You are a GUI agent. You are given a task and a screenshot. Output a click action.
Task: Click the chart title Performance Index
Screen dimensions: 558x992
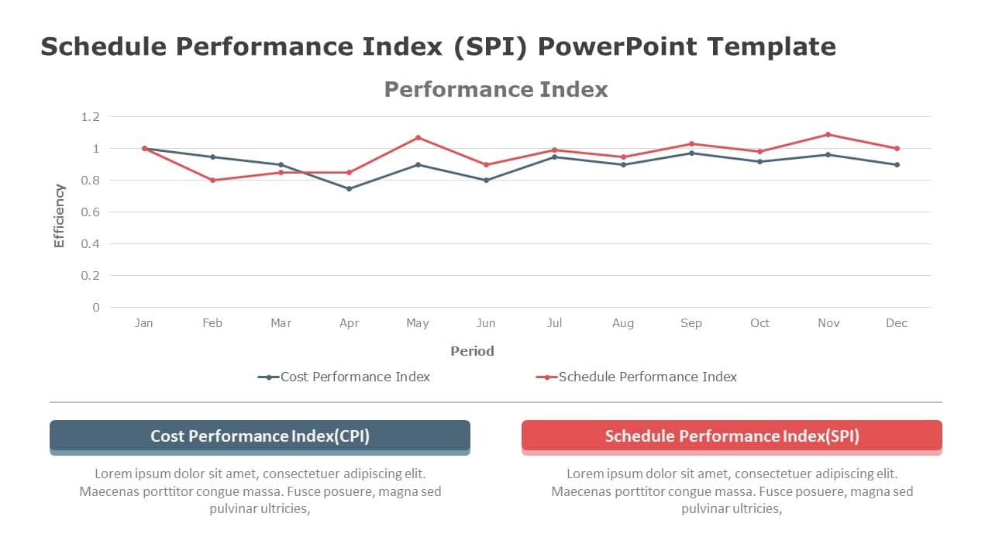pyautogui.click(x=496, y=89)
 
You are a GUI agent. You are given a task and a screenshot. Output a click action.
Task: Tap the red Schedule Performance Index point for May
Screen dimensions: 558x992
pyautogui.click(x=418, y=138)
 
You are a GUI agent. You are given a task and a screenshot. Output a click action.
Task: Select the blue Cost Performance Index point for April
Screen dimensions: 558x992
pyautogui.click(x=349, y=188)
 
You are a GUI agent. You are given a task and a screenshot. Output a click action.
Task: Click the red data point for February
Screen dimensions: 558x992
pyautogui.click(x=212, y=180)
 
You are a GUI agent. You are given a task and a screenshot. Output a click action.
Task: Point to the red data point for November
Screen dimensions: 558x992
pyautogui.click(x=828, y=135)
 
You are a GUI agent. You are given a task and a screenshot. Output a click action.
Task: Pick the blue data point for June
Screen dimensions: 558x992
pyautogui.click(x=486, y=180)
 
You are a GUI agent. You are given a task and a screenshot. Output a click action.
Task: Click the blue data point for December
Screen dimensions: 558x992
pyautogui.click(x=897, y=164)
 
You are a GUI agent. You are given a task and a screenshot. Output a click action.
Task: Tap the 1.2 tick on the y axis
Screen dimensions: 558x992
pyautogui.click(x=91, y=117)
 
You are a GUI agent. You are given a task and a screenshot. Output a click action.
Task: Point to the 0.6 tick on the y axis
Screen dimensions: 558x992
pyautogui.click(x=91, y=212)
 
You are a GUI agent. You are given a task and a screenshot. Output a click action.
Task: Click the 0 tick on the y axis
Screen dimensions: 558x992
pyautogui.click(x=96, y=307)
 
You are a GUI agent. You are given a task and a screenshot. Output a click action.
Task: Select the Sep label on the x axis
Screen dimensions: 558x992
pyautogui.click(x=691, y=323)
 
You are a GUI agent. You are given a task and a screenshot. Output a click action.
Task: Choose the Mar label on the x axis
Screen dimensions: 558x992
pyautogui.click(x=281, y=323)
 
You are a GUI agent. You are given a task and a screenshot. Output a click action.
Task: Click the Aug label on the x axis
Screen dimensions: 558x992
pyautogui.click(x=623, y=323)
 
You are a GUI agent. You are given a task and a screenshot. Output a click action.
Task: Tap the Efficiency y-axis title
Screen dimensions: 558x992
pyautogui.click(x=60, y=215)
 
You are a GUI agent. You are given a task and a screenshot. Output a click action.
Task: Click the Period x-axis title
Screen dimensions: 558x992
pyautogui.click(x=472, y=351)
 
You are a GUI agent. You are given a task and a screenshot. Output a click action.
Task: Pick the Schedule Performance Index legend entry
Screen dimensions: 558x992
pyautogui.click(x=636, y=377)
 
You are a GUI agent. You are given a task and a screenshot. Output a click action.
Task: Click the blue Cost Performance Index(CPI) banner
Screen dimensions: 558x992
pyautogui.click(x=260, y=436)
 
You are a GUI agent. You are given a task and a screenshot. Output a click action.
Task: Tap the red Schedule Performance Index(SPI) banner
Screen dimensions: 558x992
pyautogui.click(x=732, y=436)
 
